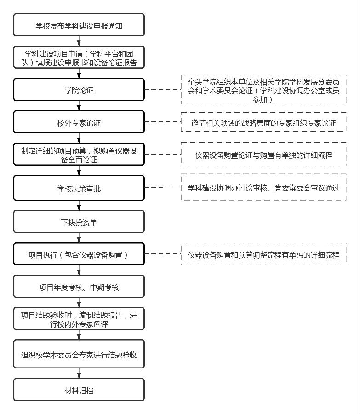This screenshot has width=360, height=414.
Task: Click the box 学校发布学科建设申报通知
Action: point(79,25)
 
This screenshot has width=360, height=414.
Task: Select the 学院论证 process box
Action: point(79,90)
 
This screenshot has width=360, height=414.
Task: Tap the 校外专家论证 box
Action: point(79,122)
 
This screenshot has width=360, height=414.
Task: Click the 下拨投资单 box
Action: point(79,222)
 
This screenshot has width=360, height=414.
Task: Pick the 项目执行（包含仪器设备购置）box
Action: point(79,254)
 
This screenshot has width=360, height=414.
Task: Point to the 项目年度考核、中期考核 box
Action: point(79,287)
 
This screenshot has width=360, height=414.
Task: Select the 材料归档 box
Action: point(79,390)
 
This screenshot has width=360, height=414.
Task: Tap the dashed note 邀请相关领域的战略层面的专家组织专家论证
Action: point(263,122)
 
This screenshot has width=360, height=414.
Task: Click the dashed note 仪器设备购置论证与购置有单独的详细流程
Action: point(263,155)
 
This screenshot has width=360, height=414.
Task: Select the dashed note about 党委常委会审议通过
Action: point(263,188)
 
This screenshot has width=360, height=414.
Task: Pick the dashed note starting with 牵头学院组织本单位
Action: point(263,90)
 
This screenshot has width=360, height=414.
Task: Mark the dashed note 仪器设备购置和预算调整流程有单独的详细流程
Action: point(263,254)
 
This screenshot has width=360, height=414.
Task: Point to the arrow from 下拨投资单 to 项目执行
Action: point(79,238)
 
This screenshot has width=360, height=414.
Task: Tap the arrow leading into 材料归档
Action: point(79,373)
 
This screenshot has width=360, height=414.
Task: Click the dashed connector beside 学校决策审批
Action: point(162,188)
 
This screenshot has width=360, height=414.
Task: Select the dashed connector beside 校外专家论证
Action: point(162,122)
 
